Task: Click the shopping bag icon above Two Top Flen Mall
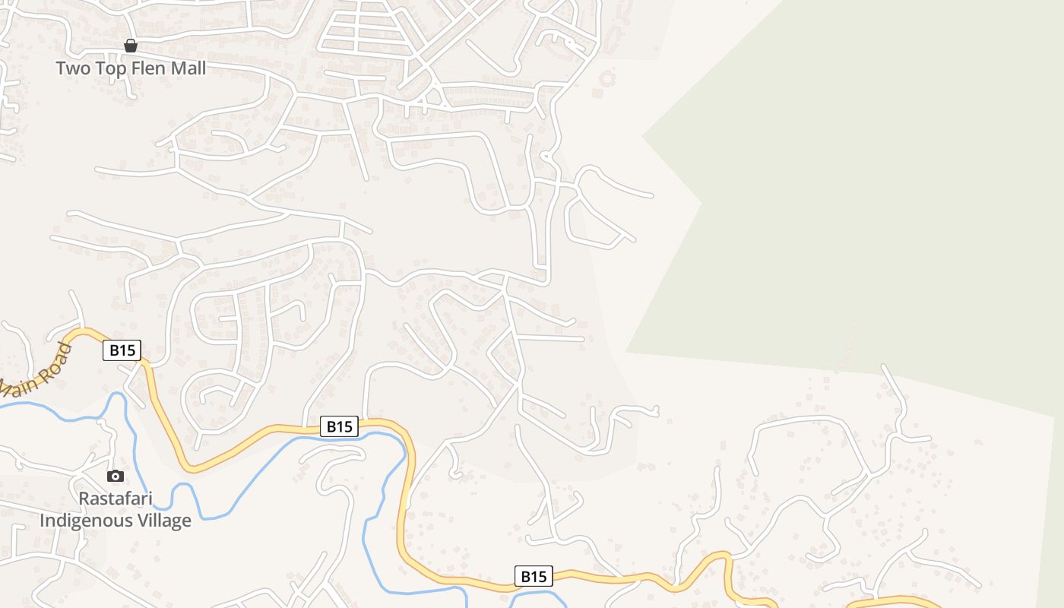[131, 46]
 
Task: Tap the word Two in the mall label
[73, 68]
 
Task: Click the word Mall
[188, 68]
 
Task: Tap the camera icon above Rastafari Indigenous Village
[116, 477]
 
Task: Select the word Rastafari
[116, 499]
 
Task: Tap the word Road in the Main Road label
[60, 358]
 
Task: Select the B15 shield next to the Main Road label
[122, 350]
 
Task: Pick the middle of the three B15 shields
[339, 426]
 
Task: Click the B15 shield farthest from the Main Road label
[534, 576]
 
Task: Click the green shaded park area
[836, 190]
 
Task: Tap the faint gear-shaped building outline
[606, 78]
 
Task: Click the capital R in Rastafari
[84, 499]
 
